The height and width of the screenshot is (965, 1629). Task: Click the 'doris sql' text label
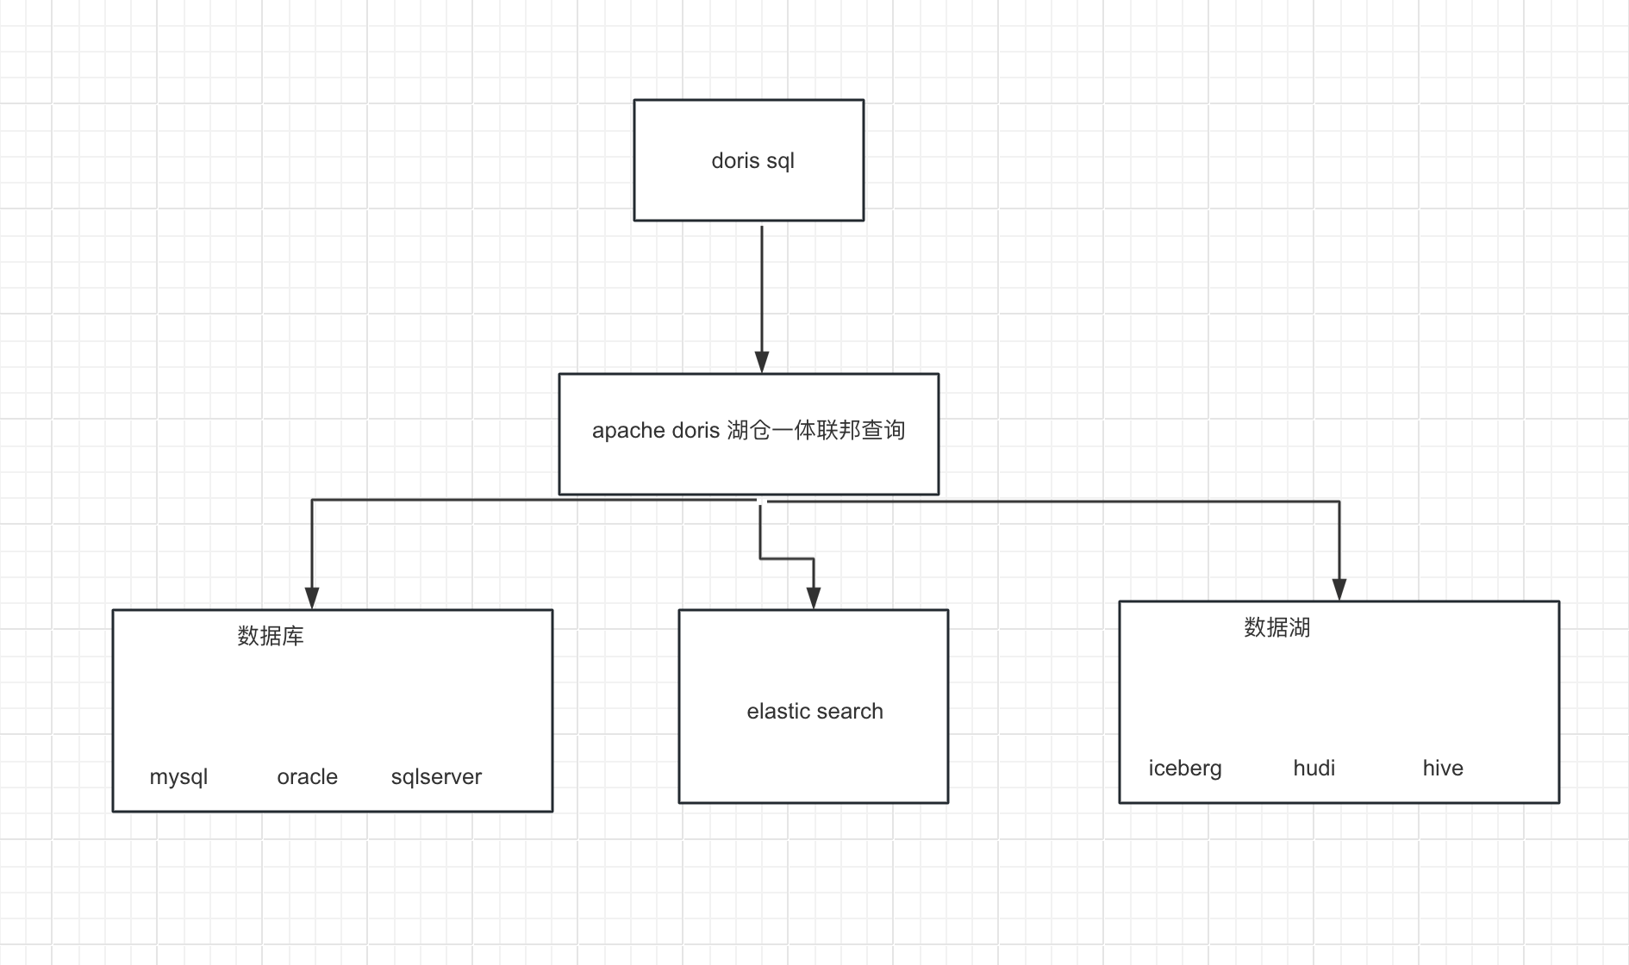752,161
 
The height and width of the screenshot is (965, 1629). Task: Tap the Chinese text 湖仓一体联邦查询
815,429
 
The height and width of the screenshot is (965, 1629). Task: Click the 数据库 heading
271,636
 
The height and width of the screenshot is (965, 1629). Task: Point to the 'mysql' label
178,777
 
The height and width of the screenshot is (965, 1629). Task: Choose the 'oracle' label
307,777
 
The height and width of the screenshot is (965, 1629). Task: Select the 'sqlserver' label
436,777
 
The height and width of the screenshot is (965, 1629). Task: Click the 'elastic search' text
814,711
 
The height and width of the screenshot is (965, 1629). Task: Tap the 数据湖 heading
1277,627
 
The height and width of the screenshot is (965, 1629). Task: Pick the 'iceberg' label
1185,769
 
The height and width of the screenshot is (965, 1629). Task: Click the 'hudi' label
1314,768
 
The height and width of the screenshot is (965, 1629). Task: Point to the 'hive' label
1443,768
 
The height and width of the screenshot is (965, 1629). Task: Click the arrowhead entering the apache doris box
762,362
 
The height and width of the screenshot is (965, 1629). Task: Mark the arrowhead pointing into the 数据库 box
312,598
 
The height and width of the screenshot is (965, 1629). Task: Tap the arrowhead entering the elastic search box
814,598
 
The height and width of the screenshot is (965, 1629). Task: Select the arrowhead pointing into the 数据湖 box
1339,589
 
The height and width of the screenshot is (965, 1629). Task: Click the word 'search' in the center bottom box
849,711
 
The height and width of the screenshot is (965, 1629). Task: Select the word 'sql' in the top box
780,162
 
